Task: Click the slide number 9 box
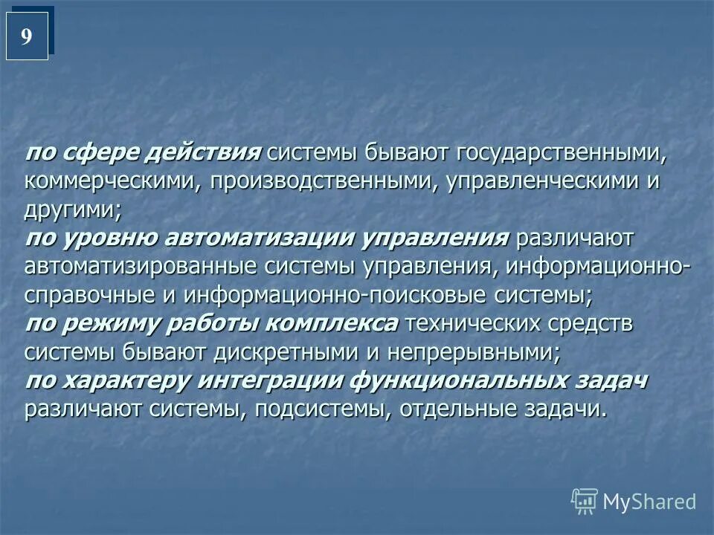coord(27,36)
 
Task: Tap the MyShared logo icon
coord(585,502)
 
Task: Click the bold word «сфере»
coord(101,153)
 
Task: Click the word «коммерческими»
coord(110,182)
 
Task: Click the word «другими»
coord(71,210)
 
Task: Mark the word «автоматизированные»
coord(138,267)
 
